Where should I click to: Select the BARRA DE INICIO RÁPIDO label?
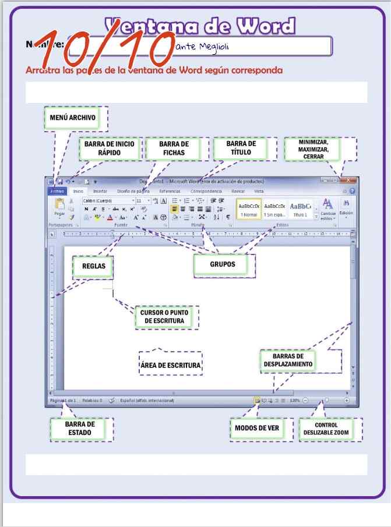point(110,148)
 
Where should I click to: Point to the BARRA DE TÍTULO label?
point(241,148)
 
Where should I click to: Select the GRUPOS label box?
point(223,264)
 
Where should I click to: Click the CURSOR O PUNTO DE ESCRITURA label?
point(165,317)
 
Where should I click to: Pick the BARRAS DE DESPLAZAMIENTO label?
point(293,360)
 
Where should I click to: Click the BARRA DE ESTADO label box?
point(80,429)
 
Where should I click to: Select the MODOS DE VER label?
point(257,429)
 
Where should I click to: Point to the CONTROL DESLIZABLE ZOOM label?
point(326,429)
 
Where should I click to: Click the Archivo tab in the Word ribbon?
point(57,191)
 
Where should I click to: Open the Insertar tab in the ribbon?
point(100,191)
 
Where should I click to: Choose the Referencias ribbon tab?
point(170,191)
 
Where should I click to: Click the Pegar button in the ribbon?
point(59,207)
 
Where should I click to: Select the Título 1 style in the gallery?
point(300,208)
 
